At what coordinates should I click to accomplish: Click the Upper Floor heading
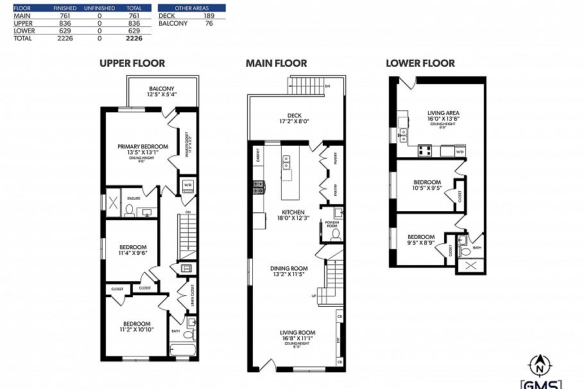pos(132,63)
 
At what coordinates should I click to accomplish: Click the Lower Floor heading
pos(420,63)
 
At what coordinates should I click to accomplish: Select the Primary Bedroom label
pos(142,150)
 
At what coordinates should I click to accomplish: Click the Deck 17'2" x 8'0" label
pos(296,119)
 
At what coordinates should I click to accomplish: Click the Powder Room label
pos(332,224)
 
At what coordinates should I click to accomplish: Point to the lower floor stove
pos(424,151)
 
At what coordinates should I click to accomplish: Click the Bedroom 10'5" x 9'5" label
pos(427,185)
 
